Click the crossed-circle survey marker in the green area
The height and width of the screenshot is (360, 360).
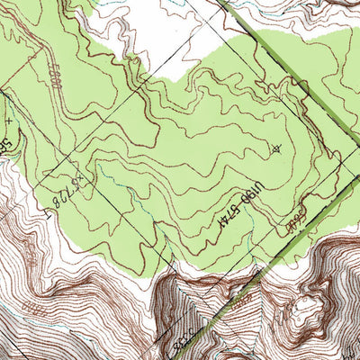[x=275, y=149]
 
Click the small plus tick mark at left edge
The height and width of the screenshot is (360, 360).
[x=8, y=118]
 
